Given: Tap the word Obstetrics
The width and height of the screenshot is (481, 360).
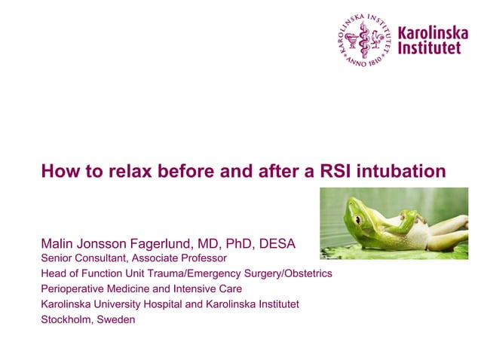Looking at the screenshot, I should click(305, 273).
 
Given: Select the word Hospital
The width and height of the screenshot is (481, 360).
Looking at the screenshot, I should click(173, 304).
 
